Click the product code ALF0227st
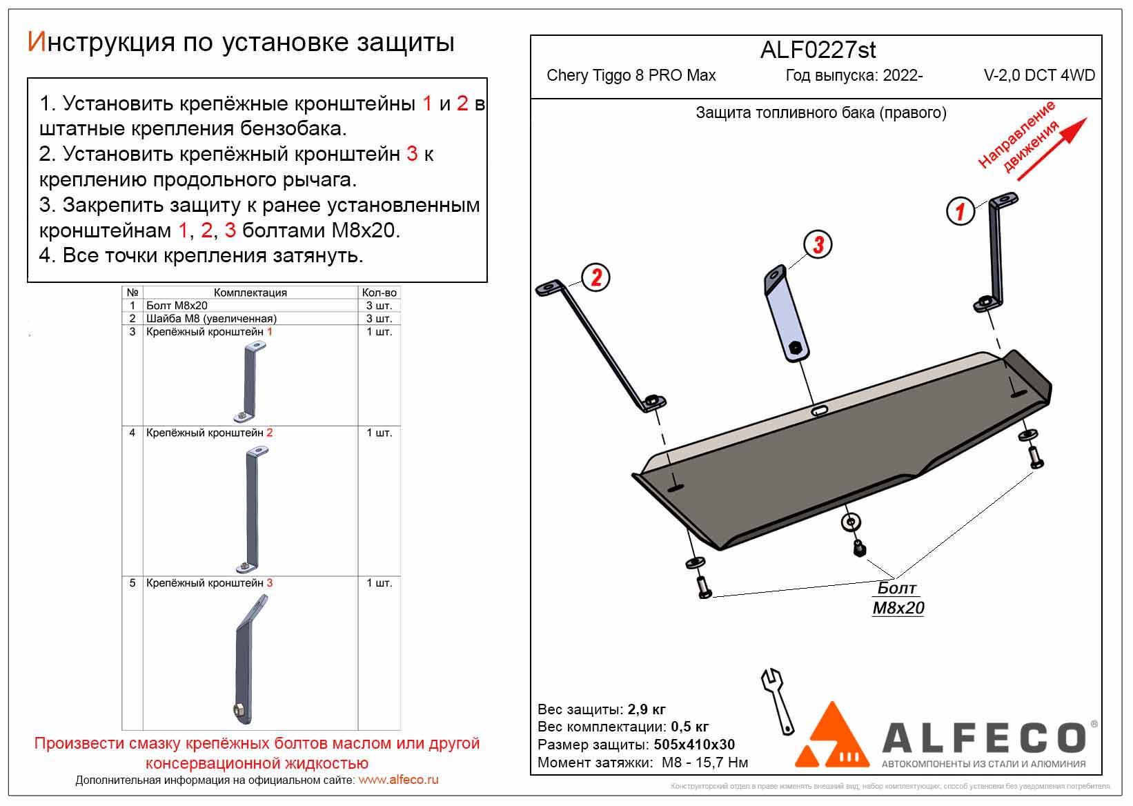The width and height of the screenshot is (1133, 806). click(818, 50)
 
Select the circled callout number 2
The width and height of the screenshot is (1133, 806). click(596, 277)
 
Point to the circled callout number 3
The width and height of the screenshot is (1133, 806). click(818, 244)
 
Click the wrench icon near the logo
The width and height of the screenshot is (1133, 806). click(778, 700)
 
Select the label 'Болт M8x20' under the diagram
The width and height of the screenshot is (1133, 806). click(898, 598)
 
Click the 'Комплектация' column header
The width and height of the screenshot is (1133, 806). click(250, 293)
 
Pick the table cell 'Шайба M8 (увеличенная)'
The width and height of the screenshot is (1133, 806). click(211, 319)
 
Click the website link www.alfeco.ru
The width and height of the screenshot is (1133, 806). click(399, 780)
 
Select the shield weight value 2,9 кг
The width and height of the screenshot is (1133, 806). click(647, 709)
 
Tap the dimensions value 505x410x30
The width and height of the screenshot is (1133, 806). click(692, 745)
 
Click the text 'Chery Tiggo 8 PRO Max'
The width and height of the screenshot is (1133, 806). click(631, 76)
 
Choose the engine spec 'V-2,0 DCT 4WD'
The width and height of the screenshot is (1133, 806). click(1039, 76)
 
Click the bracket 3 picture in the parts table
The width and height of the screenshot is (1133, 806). click(250, 659)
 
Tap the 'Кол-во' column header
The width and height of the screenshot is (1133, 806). click(379, 293)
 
